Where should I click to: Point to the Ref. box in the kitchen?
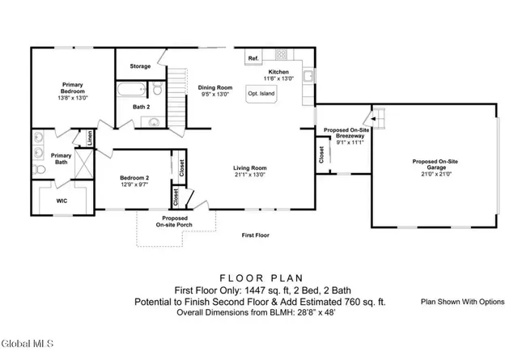click(x=253, y=59)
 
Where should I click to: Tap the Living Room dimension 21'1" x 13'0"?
click(x=251, y=174)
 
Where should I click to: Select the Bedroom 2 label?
click(x=134, y=177)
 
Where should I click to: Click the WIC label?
click(x=62, y=200)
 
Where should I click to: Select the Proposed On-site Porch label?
click(x=175, y=222)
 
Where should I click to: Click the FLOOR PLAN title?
click(x=259, y=275)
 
